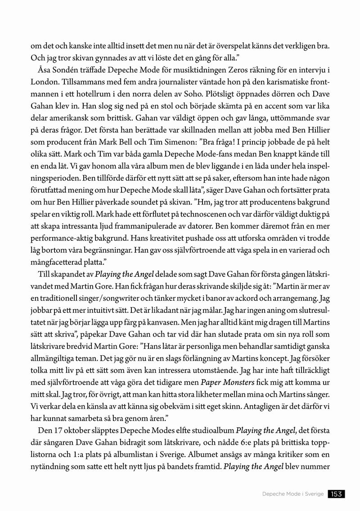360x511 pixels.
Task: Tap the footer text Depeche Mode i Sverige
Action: tap(293, 494)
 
